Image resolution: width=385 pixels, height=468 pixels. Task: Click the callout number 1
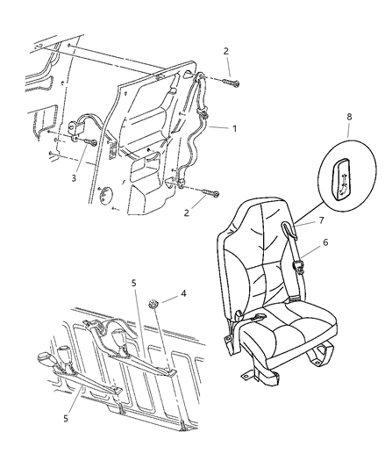234,129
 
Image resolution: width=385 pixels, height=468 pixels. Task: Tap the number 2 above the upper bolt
225,51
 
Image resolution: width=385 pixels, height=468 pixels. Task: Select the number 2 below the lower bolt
187,213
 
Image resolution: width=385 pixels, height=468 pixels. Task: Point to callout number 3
74,178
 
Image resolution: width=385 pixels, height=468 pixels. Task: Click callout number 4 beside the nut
183,293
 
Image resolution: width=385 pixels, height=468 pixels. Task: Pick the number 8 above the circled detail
350,117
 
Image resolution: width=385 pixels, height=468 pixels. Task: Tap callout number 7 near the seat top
321,220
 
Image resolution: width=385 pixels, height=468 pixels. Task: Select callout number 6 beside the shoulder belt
325,242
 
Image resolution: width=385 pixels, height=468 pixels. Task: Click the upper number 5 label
134,283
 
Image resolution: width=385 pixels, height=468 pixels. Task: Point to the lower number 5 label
66,419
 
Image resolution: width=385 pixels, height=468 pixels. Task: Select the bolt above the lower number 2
210,192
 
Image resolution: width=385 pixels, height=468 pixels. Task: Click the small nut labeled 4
153,305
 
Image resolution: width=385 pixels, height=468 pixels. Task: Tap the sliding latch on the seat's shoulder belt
297,266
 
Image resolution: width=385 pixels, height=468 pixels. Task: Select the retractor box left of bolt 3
75,128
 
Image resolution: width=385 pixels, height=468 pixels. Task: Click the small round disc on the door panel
106,196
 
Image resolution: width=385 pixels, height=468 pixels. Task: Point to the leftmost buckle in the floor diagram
46,357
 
